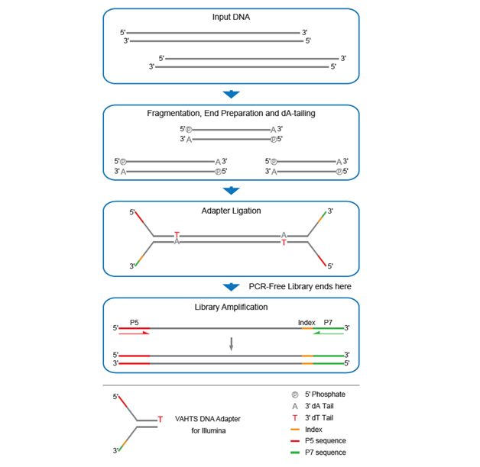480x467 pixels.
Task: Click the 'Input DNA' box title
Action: [230, 17]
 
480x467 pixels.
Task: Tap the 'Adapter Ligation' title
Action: [231, 210]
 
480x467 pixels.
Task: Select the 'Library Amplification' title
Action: [231, 307]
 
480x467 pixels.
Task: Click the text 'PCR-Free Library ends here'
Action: [301, 286]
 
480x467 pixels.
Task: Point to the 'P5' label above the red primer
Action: [135, 323]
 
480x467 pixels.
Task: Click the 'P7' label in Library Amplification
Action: [328, 323]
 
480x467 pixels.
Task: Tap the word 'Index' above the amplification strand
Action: [306, 323]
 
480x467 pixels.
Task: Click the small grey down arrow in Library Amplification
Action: [231, 343]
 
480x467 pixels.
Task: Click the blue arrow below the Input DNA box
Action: [231, 95]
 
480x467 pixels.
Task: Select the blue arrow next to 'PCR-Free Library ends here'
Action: [231, 287]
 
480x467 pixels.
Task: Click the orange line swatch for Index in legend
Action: [295, 430]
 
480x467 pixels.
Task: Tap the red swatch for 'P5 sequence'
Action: [295, 441]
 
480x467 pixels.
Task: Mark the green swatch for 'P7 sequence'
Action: [295, 453]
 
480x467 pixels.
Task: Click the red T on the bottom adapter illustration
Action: [161, 419]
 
